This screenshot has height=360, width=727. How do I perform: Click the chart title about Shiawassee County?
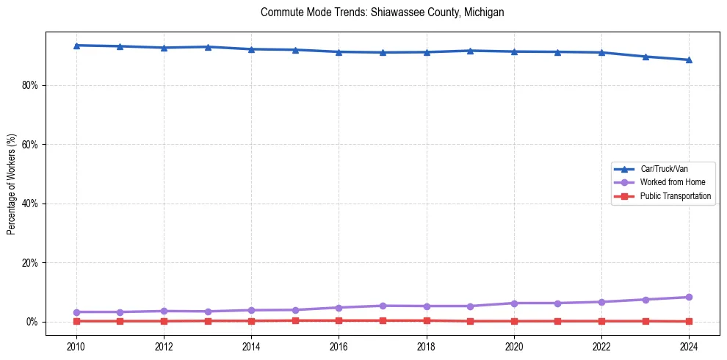pyautogui.click(x=382, y=12)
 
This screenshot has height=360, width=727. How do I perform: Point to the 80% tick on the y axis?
pyautogui.click(x=30, y=85)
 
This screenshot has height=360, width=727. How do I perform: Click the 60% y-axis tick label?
pyautogui.click(x=30, y=145)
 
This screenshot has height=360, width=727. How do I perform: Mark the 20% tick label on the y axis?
pyautogui.click(x=30, y=263)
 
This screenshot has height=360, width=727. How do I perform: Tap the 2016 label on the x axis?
pyautogui.click(x=339, y=346)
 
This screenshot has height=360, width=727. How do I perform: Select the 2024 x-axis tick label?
pyautogui.click(x=689, y=346)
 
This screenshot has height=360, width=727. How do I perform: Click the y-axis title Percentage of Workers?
pyautogui.click(x=12, y=184)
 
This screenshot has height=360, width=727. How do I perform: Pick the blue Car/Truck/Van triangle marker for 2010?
pyautogui.click(x=76, y=46)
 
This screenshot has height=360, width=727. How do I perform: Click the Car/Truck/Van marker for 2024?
pyautogui.click(x=689, y=60)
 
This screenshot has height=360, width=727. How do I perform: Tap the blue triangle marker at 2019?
pyautogui.click(x=470, y=51)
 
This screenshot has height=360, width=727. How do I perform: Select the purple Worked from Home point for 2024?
pyautogui.click(x=689, y=297)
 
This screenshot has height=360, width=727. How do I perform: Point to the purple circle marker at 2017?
pyautogui.click(x=383, y=306)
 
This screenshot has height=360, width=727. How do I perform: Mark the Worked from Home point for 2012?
pyautogui.click(x=164, y=311)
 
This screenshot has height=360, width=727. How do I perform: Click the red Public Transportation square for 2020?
pyautogui.click(x=514, y=321)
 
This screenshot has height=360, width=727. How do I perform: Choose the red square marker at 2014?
pyautogui.click(x=251, y=321)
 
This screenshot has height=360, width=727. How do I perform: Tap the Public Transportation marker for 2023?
pyautogui.click(x=645, y=321)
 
